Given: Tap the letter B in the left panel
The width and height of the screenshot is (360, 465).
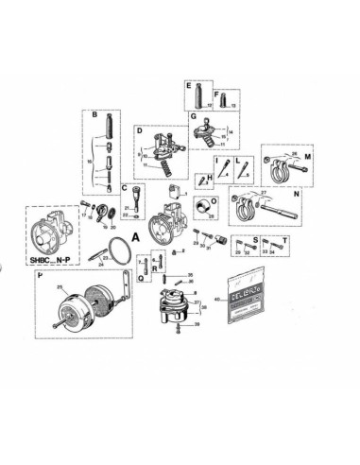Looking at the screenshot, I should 94,115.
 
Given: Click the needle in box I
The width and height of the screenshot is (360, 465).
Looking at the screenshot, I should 220,172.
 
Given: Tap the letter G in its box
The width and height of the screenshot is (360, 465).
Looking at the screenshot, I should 193,117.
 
